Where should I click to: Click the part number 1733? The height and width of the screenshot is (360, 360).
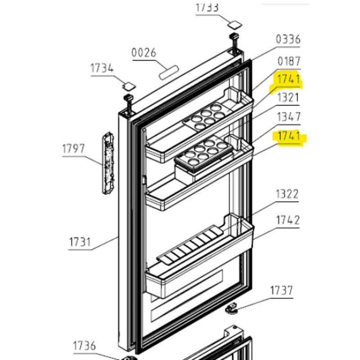pyautogui.click(x=207, y=7)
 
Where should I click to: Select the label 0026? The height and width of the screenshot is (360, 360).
pyautogui.click(x=144, y=53)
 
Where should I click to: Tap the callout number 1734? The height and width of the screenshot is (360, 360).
pyautogui.click(x=102, y=68)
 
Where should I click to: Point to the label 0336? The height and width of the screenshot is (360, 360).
pyautogui.click(x=288, y=39)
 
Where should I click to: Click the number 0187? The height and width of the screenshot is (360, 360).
pyautogui.click(x=288, y=61)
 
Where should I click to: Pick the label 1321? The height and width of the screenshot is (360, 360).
pyautogui.click(x=288, y=97)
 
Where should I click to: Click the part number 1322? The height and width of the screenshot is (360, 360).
pyautogui.click(x=287, y=194)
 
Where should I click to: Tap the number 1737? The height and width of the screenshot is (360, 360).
pyautogui.click(x=281, y=291)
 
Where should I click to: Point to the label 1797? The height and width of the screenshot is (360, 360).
pyautogui.click(x=74, y=148)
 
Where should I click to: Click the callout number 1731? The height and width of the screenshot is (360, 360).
pyautogui.click(x=80, y=242)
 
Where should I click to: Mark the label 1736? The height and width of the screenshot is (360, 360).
pyautogui.click(x=85, y=346)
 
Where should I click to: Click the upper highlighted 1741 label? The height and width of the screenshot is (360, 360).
pyautogui.click(x=288, y=79)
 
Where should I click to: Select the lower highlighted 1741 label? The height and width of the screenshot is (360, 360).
pyautogui.click(x=288, y=136)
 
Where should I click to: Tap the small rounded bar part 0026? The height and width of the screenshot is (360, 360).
pyautogui.click(x=169, y=70)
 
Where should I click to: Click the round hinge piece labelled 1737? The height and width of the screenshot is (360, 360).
pyautogui.click(x=232, y=310)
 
